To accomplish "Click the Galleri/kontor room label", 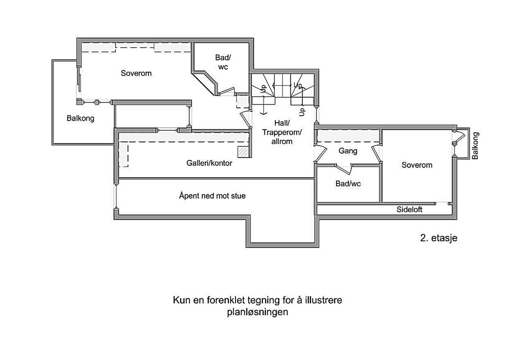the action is pos(209,163).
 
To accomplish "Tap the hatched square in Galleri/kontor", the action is pos(243,152).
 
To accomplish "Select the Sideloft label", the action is pos(409,209).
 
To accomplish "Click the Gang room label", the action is pos(348,151).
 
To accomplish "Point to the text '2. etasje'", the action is pos(439,238).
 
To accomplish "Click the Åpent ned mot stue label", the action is pos(212,195).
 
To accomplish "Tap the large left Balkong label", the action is pos(80,118).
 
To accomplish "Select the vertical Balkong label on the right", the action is pos(475,145).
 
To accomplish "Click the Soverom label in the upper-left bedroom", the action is pos(136,73).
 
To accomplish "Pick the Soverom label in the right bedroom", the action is pos(417,165).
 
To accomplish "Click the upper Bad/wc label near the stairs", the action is pos(223,62).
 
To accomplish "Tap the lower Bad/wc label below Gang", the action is pos(348,184).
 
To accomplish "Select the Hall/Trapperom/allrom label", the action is pos(282,132).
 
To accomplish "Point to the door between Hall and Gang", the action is pos(321,154).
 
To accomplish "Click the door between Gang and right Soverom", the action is pos(377,154).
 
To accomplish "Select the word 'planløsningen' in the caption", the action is pos(257,312).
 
